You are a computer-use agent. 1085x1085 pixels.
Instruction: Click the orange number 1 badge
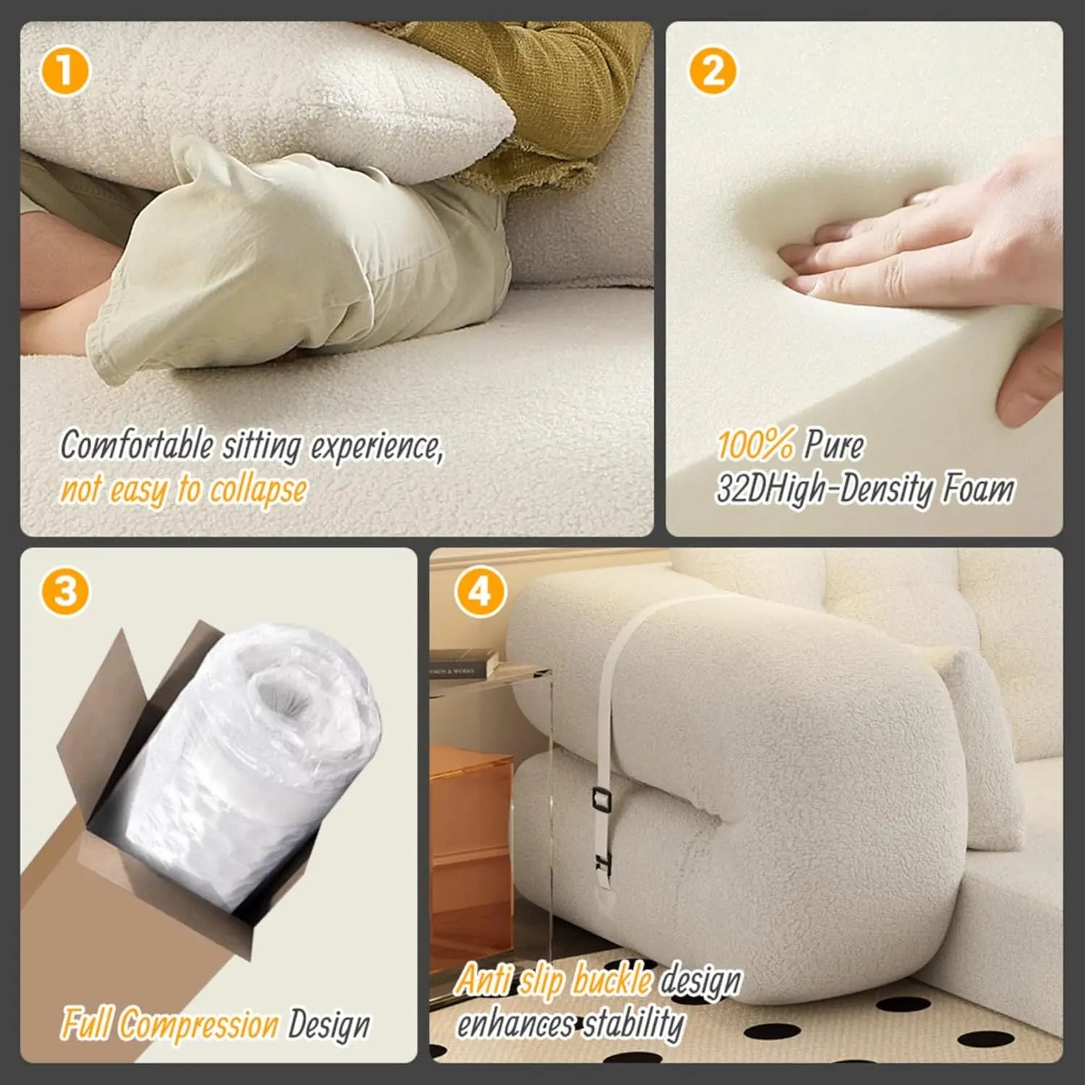point(65,73)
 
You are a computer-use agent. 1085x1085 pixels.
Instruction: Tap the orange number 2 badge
point(712,72)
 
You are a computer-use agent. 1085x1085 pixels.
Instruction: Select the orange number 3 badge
point(65,592)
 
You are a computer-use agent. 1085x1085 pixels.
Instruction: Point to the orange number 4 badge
point(480,592)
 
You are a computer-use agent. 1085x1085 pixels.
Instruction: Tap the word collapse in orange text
point(258,490)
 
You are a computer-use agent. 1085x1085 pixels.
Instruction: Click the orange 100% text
point(755,446)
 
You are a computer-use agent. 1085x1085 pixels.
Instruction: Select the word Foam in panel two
point(978,490)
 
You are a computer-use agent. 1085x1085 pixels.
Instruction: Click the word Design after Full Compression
point(330,1024)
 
